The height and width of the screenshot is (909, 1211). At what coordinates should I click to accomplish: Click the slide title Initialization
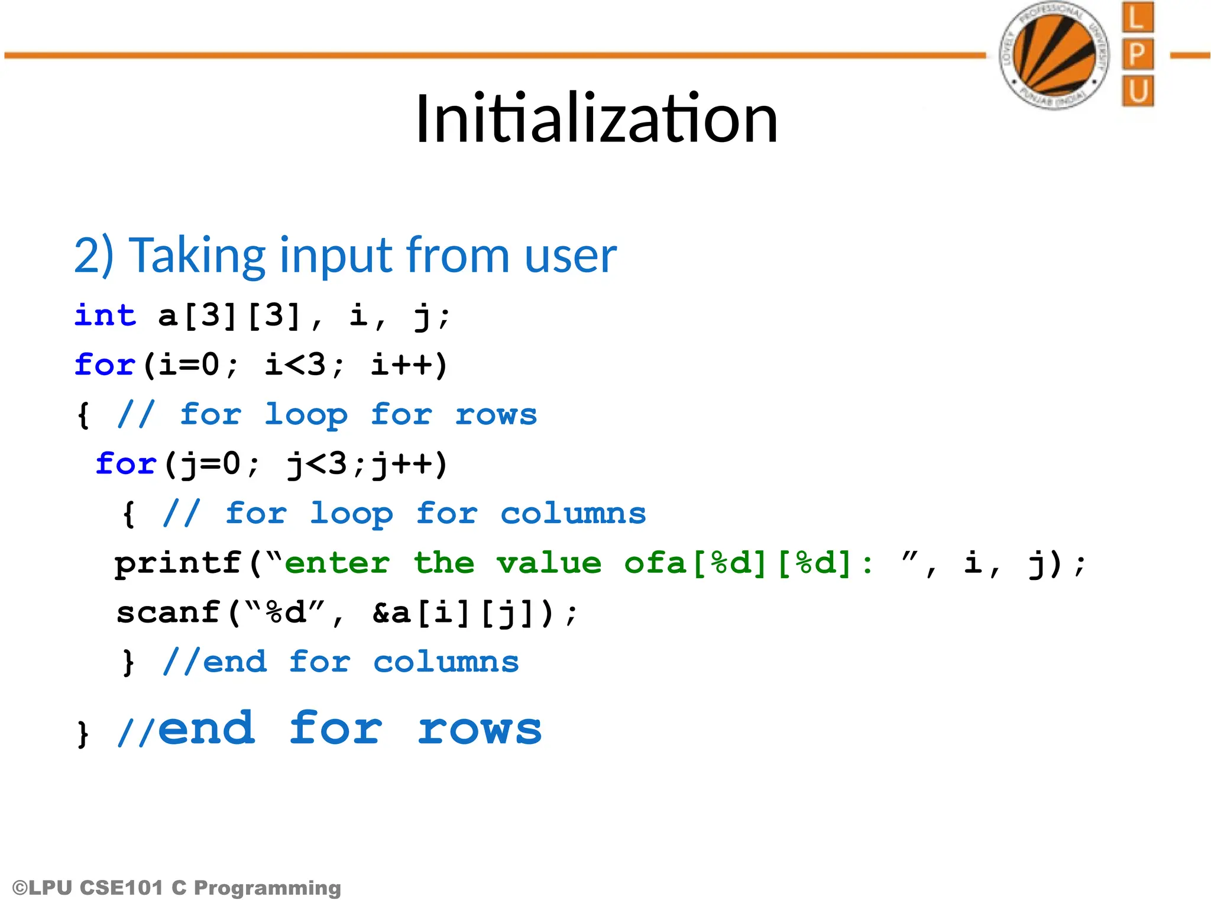(596, 119)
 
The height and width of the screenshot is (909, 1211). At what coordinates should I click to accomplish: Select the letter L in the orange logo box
(1137, 17)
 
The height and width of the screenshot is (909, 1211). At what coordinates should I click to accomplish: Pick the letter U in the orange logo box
(1137, 91)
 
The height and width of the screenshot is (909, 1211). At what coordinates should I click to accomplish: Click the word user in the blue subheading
(570, 255)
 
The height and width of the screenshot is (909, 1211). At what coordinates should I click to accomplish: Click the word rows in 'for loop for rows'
(496, 414)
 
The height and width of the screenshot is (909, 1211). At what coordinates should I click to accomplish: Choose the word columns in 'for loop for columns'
(573, 513)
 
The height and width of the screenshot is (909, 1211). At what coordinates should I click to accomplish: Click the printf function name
(178, 563)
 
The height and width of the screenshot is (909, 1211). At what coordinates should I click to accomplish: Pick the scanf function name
(169, 613)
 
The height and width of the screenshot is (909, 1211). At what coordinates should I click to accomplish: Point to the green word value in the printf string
(549, 563)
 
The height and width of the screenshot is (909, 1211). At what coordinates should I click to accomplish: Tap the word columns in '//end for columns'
(446, 662)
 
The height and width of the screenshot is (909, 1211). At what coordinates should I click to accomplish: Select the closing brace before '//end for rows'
(83, 734)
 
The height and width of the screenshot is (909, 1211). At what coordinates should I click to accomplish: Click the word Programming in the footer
(267, 888)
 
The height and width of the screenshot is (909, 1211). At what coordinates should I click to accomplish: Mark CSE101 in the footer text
(121, 888)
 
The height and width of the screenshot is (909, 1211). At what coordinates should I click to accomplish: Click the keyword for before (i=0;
(105, 365)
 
